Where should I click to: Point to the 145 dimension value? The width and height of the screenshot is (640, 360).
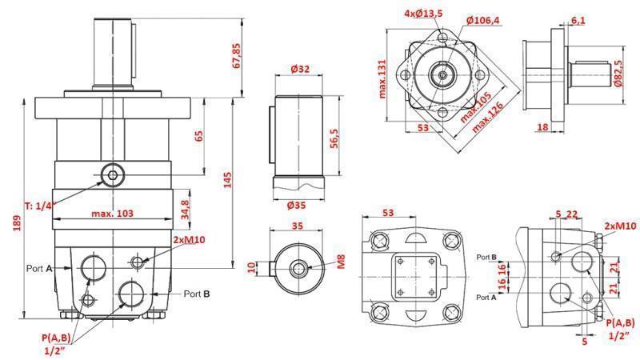click(x=229, y=180)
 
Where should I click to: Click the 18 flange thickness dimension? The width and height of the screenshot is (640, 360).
click(x=542, y=127)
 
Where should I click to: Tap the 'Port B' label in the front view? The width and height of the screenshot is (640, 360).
click(x=196, y=294)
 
